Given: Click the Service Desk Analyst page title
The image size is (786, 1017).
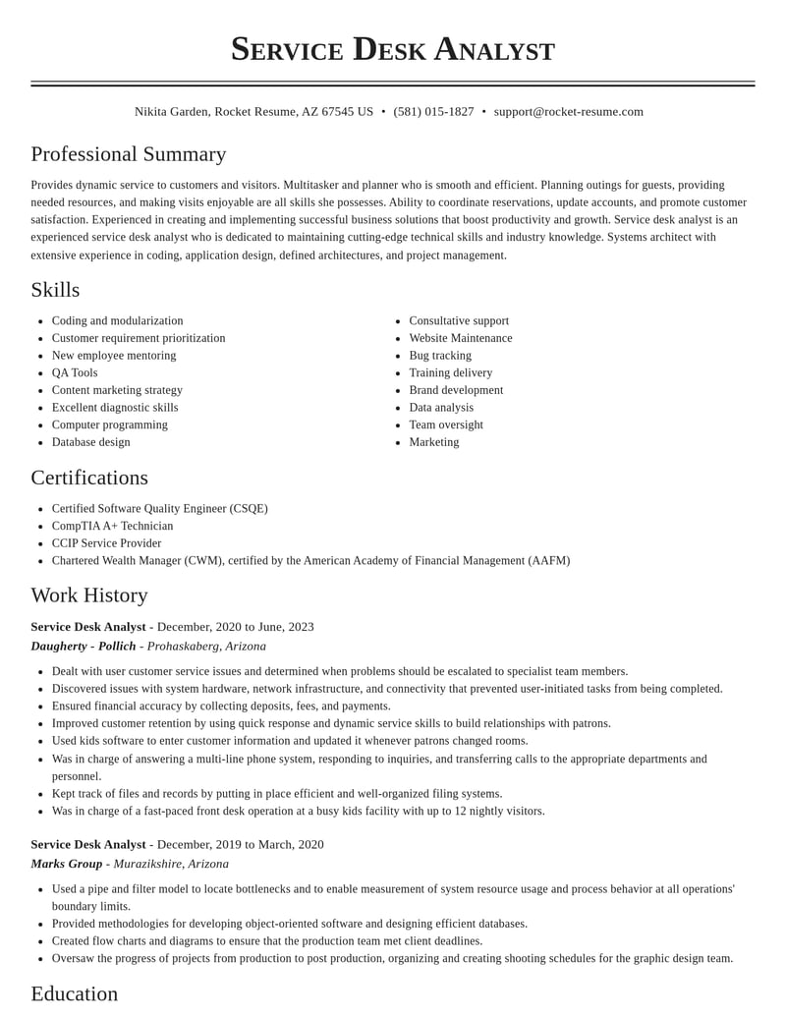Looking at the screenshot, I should click(393, 49).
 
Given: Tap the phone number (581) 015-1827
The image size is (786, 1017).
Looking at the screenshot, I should click(433, 112).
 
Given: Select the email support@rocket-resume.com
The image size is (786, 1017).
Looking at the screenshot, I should click(568, 112).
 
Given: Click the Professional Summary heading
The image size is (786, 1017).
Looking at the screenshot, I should click(129, 154).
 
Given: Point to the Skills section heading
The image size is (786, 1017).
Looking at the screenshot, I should click(55, 290).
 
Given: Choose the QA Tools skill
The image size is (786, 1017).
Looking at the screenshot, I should click(75, 372).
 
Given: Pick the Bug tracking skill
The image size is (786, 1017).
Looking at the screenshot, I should click(440, 356).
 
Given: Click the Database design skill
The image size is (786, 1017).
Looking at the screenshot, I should click(91, 442).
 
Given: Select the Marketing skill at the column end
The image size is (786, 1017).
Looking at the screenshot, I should click(434, 442).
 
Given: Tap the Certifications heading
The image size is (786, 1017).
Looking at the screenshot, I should click(89, 478).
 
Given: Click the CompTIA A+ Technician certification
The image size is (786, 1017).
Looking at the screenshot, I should click(112, 526).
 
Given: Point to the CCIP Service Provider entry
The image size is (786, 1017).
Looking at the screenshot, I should click(106, 543).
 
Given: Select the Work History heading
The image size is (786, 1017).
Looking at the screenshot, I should click(89, 595).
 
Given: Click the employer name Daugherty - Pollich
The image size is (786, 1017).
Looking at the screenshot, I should click(84, 647).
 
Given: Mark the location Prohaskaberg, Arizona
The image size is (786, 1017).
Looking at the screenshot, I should click(206, 647).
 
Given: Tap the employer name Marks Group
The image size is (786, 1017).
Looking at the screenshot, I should click(67, 864).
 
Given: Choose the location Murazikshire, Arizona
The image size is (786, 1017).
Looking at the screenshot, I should click(171, 864).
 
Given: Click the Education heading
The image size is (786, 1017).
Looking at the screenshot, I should click(75, 993).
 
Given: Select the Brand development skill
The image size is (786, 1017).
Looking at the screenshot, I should click(456, 390).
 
